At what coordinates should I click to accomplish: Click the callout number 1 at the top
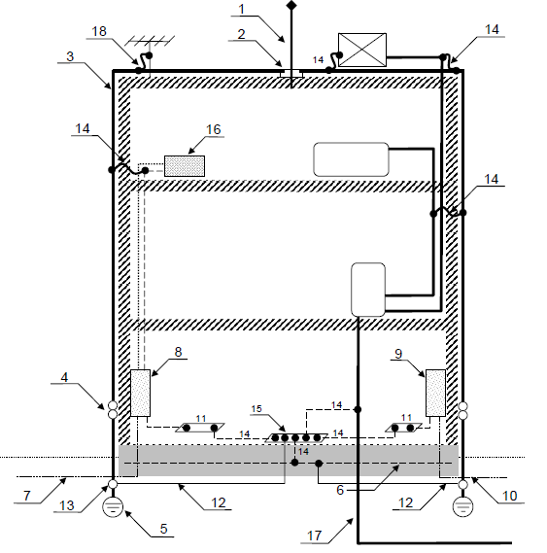[x=242, y=9]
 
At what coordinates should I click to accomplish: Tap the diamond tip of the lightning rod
[x=291, y=5]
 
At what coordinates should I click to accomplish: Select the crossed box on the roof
[x=362, y=50]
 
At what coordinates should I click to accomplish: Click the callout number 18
[x=99, y=31]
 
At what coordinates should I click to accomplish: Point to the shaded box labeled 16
[x=185, y=166]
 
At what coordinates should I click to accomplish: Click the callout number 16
[x=214, y=129]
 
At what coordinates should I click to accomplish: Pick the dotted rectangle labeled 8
[x=140, y=393]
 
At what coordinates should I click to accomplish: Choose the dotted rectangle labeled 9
[x=435, y=393]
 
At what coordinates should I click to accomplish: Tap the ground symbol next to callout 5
[x=113, y=507]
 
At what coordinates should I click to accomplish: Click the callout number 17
[x=315, y=536]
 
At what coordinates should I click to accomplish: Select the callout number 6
[x=340, y=490]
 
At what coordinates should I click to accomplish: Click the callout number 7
[x=27, y=496]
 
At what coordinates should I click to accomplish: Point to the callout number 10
[x=509, y=496]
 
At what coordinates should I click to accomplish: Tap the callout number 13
[x=67, y=505]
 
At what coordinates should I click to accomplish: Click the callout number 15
[x=256, y=408]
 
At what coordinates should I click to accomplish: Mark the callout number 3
[x=70, y=56]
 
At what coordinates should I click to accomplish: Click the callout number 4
[x=64, y=377]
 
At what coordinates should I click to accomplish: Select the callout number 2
[x=241, y=34]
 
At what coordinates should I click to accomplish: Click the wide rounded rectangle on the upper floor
[x=352, y=159]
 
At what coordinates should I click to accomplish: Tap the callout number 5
[x=163, y=529]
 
